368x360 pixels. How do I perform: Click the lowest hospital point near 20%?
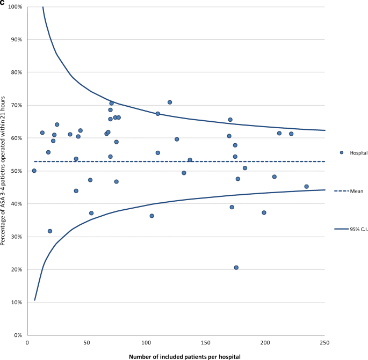tap(236, 267)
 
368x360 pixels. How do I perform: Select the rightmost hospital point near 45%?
tap(307, 187)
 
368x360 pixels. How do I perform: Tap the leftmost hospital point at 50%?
tap(34, 171)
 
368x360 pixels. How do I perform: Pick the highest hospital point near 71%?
tap(170, 102)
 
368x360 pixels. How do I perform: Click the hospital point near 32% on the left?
tap(50, 231)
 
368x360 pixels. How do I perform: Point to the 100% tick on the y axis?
tap(15, 7)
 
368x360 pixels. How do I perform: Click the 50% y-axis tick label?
tap(16, 171)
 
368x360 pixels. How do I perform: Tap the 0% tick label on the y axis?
tap(17, 335)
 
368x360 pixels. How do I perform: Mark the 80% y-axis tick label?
tap(16, 72)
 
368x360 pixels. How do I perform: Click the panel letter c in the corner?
tap(3, 3)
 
